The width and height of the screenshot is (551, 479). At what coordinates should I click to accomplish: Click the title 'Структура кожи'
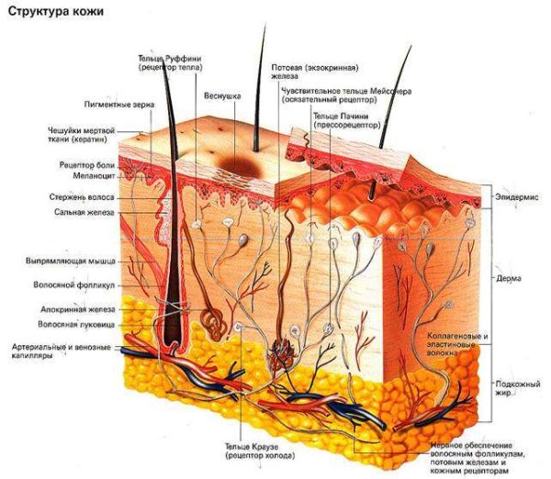56,11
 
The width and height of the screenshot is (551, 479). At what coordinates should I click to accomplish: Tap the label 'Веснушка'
222,95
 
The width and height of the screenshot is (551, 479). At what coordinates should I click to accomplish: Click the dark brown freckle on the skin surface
241,166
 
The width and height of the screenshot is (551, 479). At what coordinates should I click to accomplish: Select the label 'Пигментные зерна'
119,105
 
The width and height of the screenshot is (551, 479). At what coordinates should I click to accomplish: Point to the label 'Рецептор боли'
87,165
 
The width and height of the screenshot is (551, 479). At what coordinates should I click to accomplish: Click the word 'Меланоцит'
94,175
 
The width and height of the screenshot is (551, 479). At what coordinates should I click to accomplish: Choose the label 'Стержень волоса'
82,197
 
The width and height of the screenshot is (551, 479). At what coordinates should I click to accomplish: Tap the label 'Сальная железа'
84,213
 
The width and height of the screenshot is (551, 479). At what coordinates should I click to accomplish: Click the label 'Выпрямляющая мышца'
71,262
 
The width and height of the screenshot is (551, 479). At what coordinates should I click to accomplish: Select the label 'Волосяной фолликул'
74,284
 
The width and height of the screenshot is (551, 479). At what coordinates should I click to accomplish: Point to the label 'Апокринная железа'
78,309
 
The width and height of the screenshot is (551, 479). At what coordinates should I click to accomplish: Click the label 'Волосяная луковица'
76,325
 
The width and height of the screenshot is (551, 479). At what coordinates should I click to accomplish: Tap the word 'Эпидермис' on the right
516,197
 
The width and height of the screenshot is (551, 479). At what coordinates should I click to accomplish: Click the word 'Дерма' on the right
509,279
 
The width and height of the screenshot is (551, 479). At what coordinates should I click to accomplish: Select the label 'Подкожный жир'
518,388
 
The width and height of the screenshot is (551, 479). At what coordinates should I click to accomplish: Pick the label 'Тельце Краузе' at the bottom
252,447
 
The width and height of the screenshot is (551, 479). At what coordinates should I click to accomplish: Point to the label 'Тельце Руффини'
170,59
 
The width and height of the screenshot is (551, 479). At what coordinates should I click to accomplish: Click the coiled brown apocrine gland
214,323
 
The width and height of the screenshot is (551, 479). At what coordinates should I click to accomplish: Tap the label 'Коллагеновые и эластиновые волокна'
457,344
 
